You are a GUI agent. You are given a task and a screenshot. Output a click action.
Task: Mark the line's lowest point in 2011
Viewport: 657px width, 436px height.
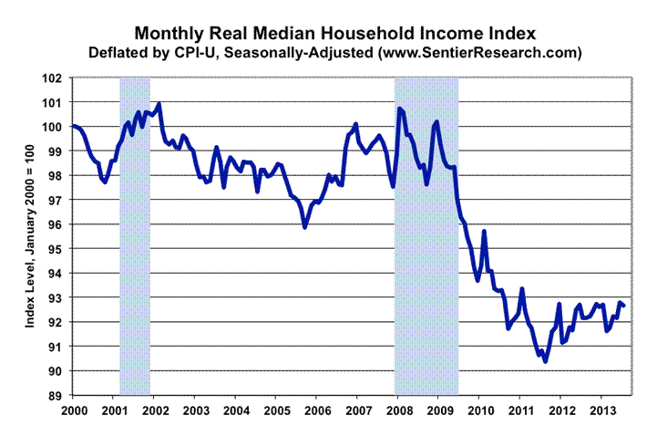pyautogui.click(x=545, y=361)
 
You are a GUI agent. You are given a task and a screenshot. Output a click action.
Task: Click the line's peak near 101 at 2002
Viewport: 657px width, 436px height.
pyautogui.click(x=159, y=105)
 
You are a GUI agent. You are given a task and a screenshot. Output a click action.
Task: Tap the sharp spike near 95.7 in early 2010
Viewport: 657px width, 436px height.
pyautogui.click(x=485, y=232)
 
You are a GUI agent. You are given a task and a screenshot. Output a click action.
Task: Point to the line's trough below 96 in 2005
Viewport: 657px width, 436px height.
pyautogui.click(x=304, y=226)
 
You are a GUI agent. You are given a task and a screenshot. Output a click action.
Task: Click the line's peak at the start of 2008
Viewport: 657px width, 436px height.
pyautogui.click(x=399, y=109)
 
